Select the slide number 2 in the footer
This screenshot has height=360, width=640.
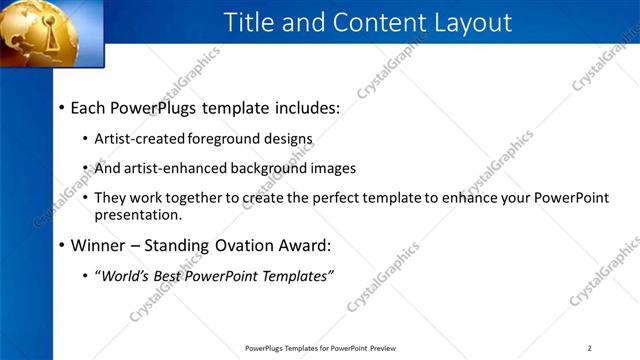[590, 348]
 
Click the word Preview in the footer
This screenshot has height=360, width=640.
[384, 348]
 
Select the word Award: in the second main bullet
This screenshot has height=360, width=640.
[302, 244]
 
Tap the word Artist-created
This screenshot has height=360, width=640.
[140, 139]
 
